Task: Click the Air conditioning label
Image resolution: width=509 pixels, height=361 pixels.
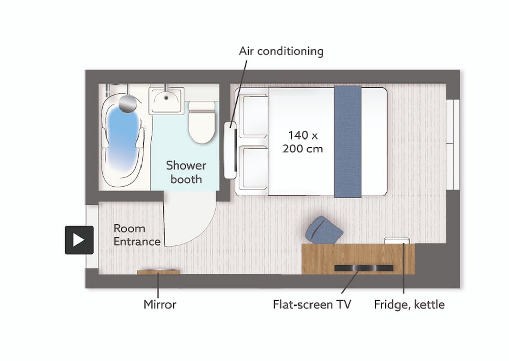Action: pyautogui.click(x=281, y=51)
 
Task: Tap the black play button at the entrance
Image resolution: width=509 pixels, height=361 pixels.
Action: pyautogui.click(x=79, y=240)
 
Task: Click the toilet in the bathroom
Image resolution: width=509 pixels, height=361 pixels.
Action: pyautogui.click(x=202, y=122)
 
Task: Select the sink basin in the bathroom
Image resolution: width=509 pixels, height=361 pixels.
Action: pyautogui.click(x=166, y=100)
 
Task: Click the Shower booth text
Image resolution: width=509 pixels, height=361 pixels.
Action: pyautogui.click(x=186, y=173)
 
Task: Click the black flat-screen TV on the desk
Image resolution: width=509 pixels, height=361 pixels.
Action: pyautogui.click(x=364, y=268)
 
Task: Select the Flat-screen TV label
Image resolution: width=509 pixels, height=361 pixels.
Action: pyautogui.click(x=312, y=304)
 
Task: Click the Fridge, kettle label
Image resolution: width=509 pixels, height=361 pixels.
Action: pyautogui.click(x=409, y=304)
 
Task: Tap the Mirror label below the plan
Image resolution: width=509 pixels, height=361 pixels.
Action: pyautogui.click(x=160, y=304)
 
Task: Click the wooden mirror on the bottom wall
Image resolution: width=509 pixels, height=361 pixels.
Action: pyautogui.click(x=158, y=272)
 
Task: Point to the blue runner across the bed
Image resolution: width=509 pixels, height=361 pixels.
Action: pyautogui.click(x=348, y=142)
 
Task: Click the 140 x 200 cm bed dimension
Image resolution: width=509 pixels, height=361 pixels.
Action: pyautogui.click(x=302, y=142)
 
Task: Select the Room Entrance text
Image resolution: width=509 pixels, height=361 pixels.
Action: pyautogui.click(x=136, y=235)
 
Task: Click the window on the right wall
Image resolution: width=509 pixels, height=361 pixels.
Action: pyautogui.click(x=453, y=145)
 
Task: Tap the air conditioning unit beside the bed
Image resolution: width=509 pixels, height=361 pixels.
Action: pyautogui.click(x=230, y=150)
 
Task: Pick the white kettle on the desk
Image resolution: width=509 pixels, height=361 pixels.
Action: pyautogui.click(x=397, y=241)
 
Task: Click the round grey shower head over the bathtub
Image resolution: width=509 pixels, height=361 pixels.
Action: pyautogui.click(x=128, y=104)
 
